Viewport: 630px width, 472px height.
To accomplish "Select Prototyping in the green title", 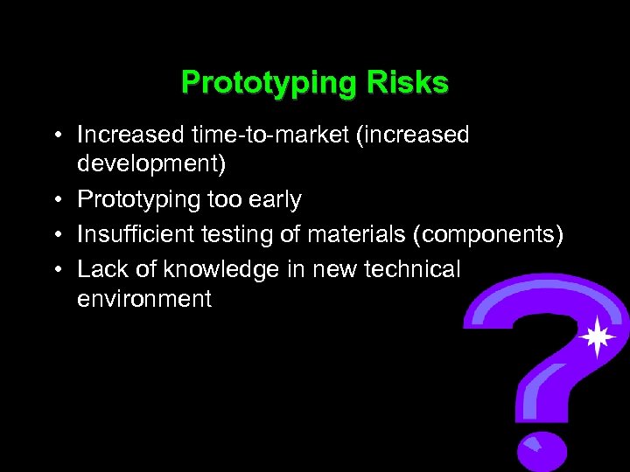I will tap(267, 84).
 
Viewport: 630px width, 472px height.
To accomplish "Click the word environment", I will tap(144, 299).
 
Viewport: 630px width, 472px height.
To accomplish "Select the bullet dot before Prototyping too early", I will tap(56, 201).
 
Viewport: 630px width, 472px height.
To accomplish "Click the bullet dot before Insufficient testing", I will tap(56, 234).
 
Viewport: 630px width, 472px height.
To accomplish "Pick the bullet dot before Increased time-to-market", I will tap(56, 135).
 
